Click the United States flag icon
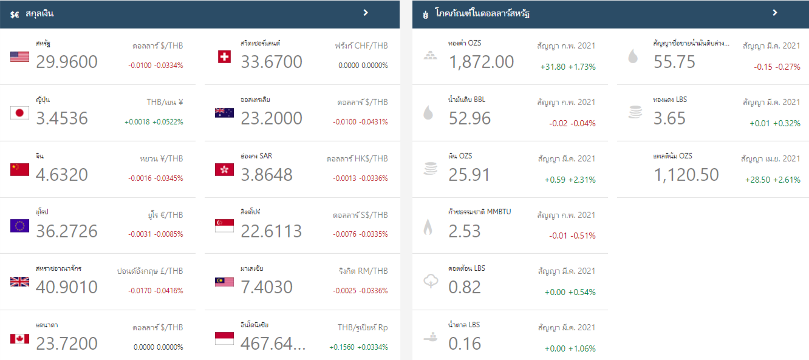pyautogui.click(x=19, y=57)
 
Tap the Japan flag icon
pyautogui.click(x=19, y=113)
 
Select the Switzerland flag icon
pyautogui.click(x=224, y=57)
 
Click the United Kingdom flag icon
pyautogui.click(x=19, y=282)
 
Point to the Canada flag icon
pyautogui.click(x=19, y=338)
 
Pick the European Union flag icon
pyautogui.click(x=19, y=226)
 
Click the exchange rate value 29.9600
pyautogui.click(x=67, y=62)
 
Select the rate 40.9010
pyautogui.click(x=67, y=287)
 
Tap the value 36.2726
pyautogui.click(x=67, y=231)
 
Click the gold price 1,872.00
pyautogui.click(x=481, y=62)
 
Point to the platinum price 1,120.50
pyautogui.click(x=686, y=175)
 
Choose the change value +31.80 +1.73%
pyautogui.click(x=568, y=67)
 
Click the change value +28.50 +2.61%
pyautogui.click(x=773, y=180)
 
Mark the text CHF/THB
pyautogui.click(x=372, y=46)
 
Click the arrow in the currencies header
pyautogui.click(x=366, y=13)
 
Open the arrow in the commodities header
pyautogui.click(x=775, y=13)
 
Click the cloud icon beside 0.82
pyautogui.click(x=430, y=282)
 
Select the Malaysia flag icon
pyautogui.click(x=224, y=282)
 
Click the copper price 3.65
pyautogui.click(x=669, y=118)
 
